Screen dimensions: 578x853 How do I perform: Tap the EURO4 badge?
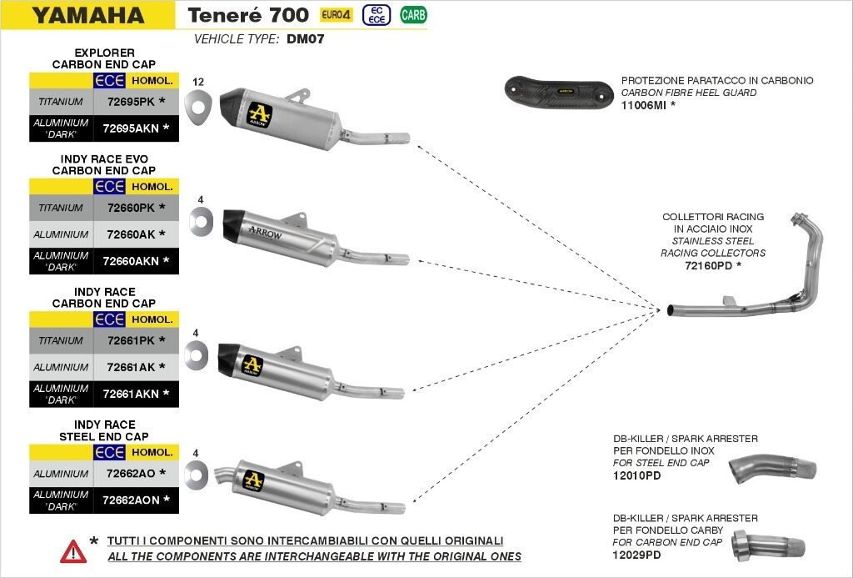pyautogui.click(x=336, y=15)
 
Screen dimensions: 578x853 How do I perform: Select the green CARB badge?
pyautogui.click(x=411, y=15)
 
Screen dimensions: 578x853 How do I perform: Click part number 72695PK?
pyautogui.click(x=132, y=102)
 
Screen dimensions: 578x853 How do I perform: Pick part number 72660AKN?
pyautogui.click(x=131, y=261)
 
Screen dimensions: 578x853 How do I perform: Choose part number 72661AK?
pyautogui.click(x=131, y=367)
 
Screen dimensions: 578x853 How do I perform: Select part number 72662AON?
pyautogui.click(x=131, y=500)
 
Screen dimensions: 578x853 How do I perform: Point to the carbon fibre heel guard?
pyautogui.click(x=557, y=88)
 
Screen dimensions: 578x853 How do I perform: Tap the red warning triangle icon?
pyautogui.click(x=73, y=550)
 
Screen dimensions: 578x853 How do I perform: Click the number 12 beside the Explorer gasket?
pyautogui.click(x=198, y=82)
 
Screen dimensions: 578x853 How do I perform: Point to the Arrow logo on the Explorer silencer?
pyautogui.click(x=260, y=113)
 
